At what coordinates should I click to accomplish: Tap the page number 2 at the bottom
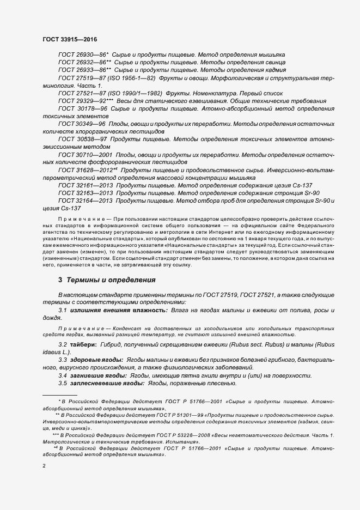coord(44,466)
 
